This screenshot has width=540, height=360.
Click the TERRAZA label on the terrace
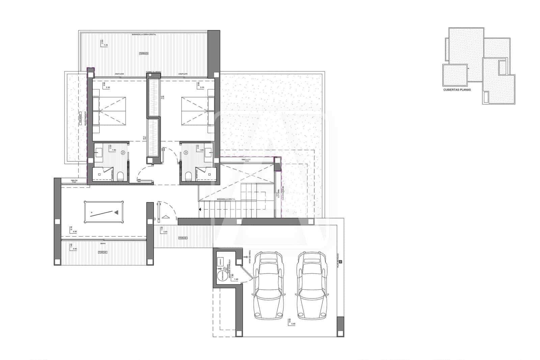coord(144,53)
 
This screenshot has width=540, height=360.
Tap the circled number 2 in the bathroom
coord(123,153)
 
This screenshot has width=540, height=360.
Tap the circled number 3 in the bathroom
coord(186,153)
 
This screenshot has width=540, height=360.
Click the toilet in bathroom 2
coord(120,176)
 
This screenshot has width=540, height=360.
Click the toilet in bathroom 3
coord(189,176)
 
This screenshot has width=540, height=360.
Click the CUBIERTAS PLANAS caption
coord(457,90)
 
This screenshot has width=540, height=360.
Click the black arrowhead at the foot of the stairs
coord(200,210)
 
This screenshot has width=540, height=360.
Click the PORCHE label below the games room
coord(103,252)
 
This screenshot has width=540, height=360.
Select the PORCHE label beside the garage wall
coord(183,238)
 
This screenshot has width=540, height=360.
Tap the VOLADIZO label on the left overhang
coord(80,119)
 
